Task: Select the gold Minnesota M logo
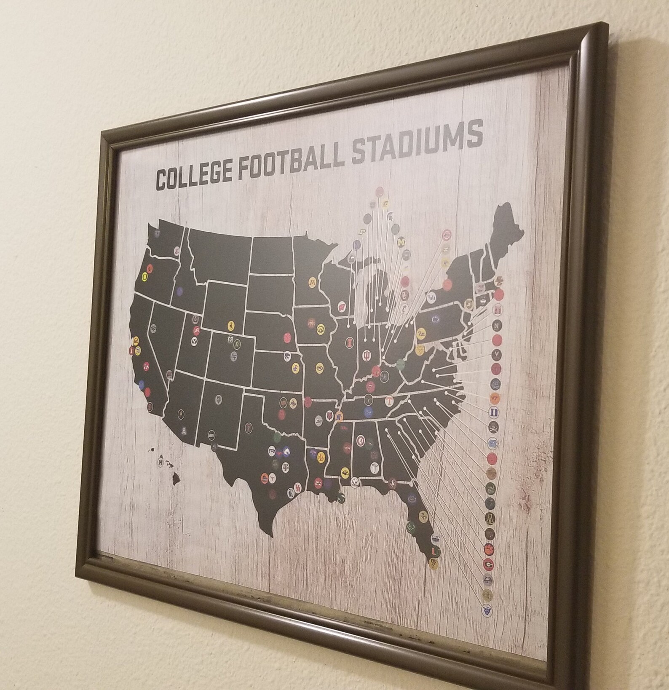313,281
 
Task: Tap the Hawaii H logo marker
161,462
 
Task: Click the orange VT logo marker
495,397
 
